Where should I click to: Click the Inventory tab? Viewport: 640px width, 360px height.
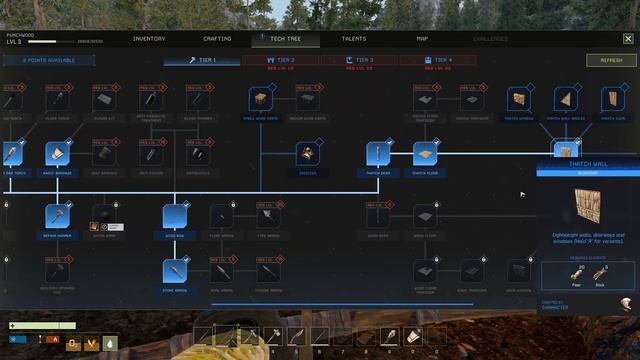(149, 39)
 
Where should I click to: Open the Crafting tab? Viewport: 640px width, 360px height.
(217, 39)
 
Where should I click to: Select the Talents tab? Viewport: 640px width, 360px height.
(353, 39)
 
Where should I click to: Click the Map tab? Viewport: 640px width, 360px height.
(422, 39)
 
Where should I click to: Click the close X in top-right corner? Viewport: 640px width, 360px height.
(627, 39)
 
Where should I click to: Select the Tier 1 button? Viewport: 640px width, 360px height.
(203, 60)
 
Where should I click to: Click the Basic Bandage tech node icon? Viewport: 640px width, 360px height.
(58, 154)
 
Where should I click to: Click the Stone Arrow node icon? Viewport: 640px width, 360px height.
(175, 270)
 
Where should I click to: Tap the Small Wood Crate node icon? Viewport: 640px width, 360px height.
(262, 99)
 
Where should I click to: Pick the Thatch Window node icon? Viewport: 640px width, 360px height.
(518, 99)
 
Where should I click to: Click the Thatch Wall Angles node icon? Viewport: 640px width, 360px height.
(566, 99)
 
